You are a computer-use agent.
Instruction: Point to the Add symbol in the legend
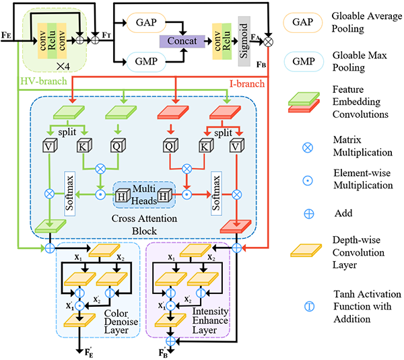(x=306, y=214)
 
